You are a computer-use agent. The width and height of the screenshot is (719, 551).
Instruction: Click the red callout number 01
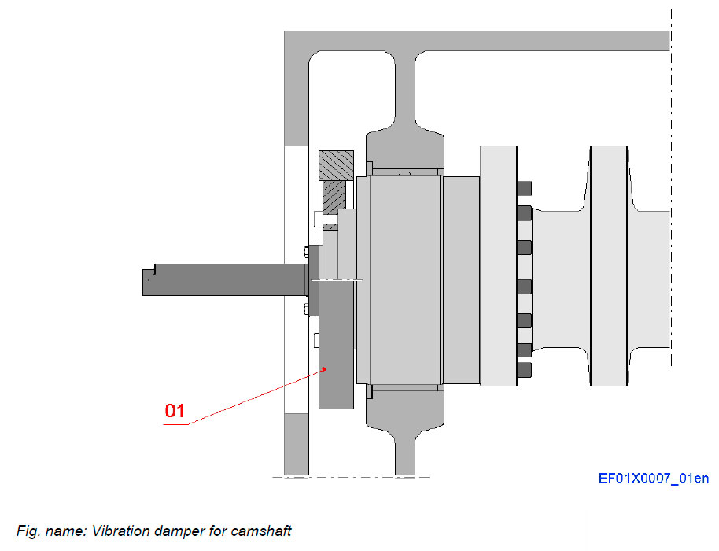click(x=175, y=410)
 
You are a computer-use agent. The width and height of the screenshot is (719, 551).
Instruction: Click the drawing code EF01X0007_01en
click(x=653, y=478)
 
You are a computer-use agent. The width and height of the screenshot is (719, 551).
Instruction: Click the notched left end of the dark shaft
click(x=147, y=279)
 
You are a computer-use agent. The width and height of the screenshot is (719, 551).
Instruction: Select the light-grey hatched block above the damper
click(x=336, y=165)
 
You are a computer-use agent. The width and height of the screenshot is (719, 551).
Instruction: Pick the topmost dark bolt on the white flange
click(x=525, y=188)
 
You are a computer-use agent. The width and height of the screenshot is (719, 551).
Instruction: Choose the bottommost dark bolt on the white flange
click(x=525, y=369)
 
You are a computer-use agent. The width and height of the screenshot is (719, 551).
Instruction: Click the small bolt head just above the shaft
click(x=304, y=252)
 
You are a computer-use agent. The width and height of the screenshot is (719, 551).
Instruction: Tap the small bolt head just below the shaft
click(x=304, y=309)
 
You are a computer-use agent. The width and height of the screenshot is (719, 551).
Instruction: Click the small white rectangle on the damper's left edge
click(x=315, y=340)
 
